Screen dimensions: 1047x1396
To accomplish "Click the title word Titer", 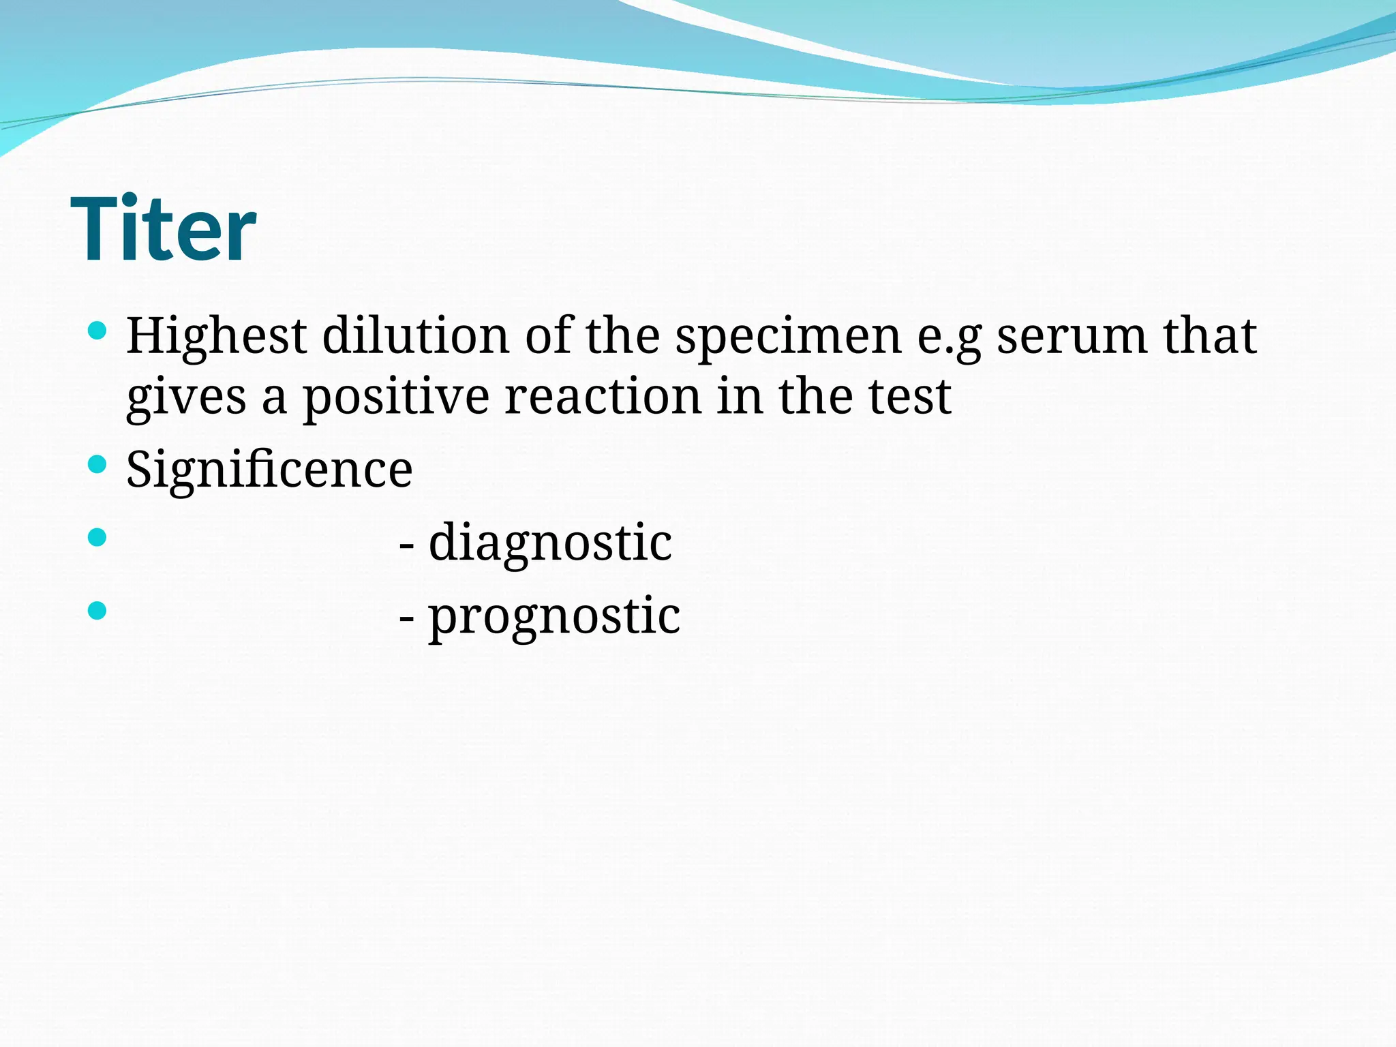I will [x=164, y=229].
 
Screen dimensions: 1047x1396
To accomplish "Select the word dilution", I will [x=415, y=336].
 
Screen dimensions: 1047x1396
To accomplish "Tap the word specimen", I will [x=789, y=337].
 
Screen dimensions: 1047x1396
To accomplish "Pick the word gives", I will [x=185, y=399].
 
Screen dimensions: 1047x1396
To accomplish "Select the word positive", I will [x=395, y=399].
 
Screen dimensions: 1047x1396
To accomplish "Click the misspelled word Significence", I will [x=269, y=470].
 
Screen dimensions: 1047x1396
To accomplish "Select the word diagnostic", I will [x=550, y=543].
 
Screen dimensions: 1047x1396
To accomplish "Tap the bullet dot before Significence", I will [x=97, y=465].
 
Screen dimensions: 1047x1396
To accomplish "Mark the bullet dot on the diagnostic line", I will [x=97, y=537].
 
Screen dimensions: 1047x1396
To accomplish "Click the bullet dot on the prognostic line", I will [x=97, y=610].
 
